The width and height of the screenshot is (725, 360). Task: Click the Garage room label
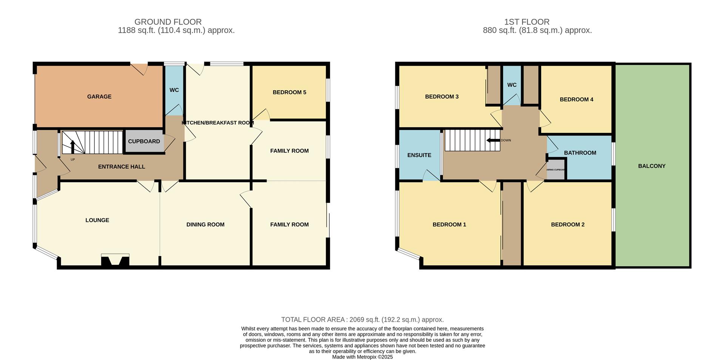[x=99, y=97]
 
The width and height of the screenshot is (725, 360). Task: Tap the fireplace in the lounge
[x=115, y=261]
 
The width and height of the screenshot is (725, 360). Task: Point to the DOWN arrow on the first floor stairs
[x=493, y=141]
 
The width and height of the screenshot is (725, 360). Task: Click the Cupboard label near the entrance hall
[x=144, y=141]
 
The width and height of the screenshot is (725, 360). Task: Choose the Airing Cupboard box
[x=555, y=170]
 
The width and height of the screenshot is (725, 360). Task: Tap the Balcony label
[x=652, y=166]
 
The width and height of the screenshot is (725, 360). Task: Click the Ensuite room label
[x=419, y=155]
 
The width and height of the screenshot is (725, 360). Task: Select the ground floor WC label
[x=174, y=90]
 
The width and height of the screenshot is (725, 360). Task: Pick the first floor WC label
[x=512, y=85]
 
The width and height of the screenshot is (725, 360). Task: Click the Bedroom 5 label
[x=289, y=92]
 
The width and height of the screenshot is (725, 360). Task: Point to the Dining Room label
[x=205, y=224]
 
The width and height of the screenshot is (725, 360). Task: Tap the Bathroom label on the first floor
[x=580, y=153]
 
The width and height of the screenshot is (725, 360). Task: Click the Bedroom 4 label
[x=576, y=99]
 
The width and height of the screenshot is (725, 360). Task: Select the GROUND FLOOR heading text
[x=168, y=22]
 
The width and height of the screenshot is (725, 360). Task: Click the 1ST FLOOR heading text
[x=537, y=22]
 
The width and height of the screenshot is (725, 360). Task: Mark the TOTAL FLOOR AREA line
[x=362, y=320]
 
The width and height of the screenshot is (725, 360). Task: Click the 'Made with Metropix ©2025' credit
[x=362, y=357]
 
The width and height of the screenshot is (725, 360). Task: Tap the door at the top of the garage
[x=139, y=69]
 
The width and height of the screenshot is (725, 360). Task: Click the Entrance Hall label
[x=121, y=167]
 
